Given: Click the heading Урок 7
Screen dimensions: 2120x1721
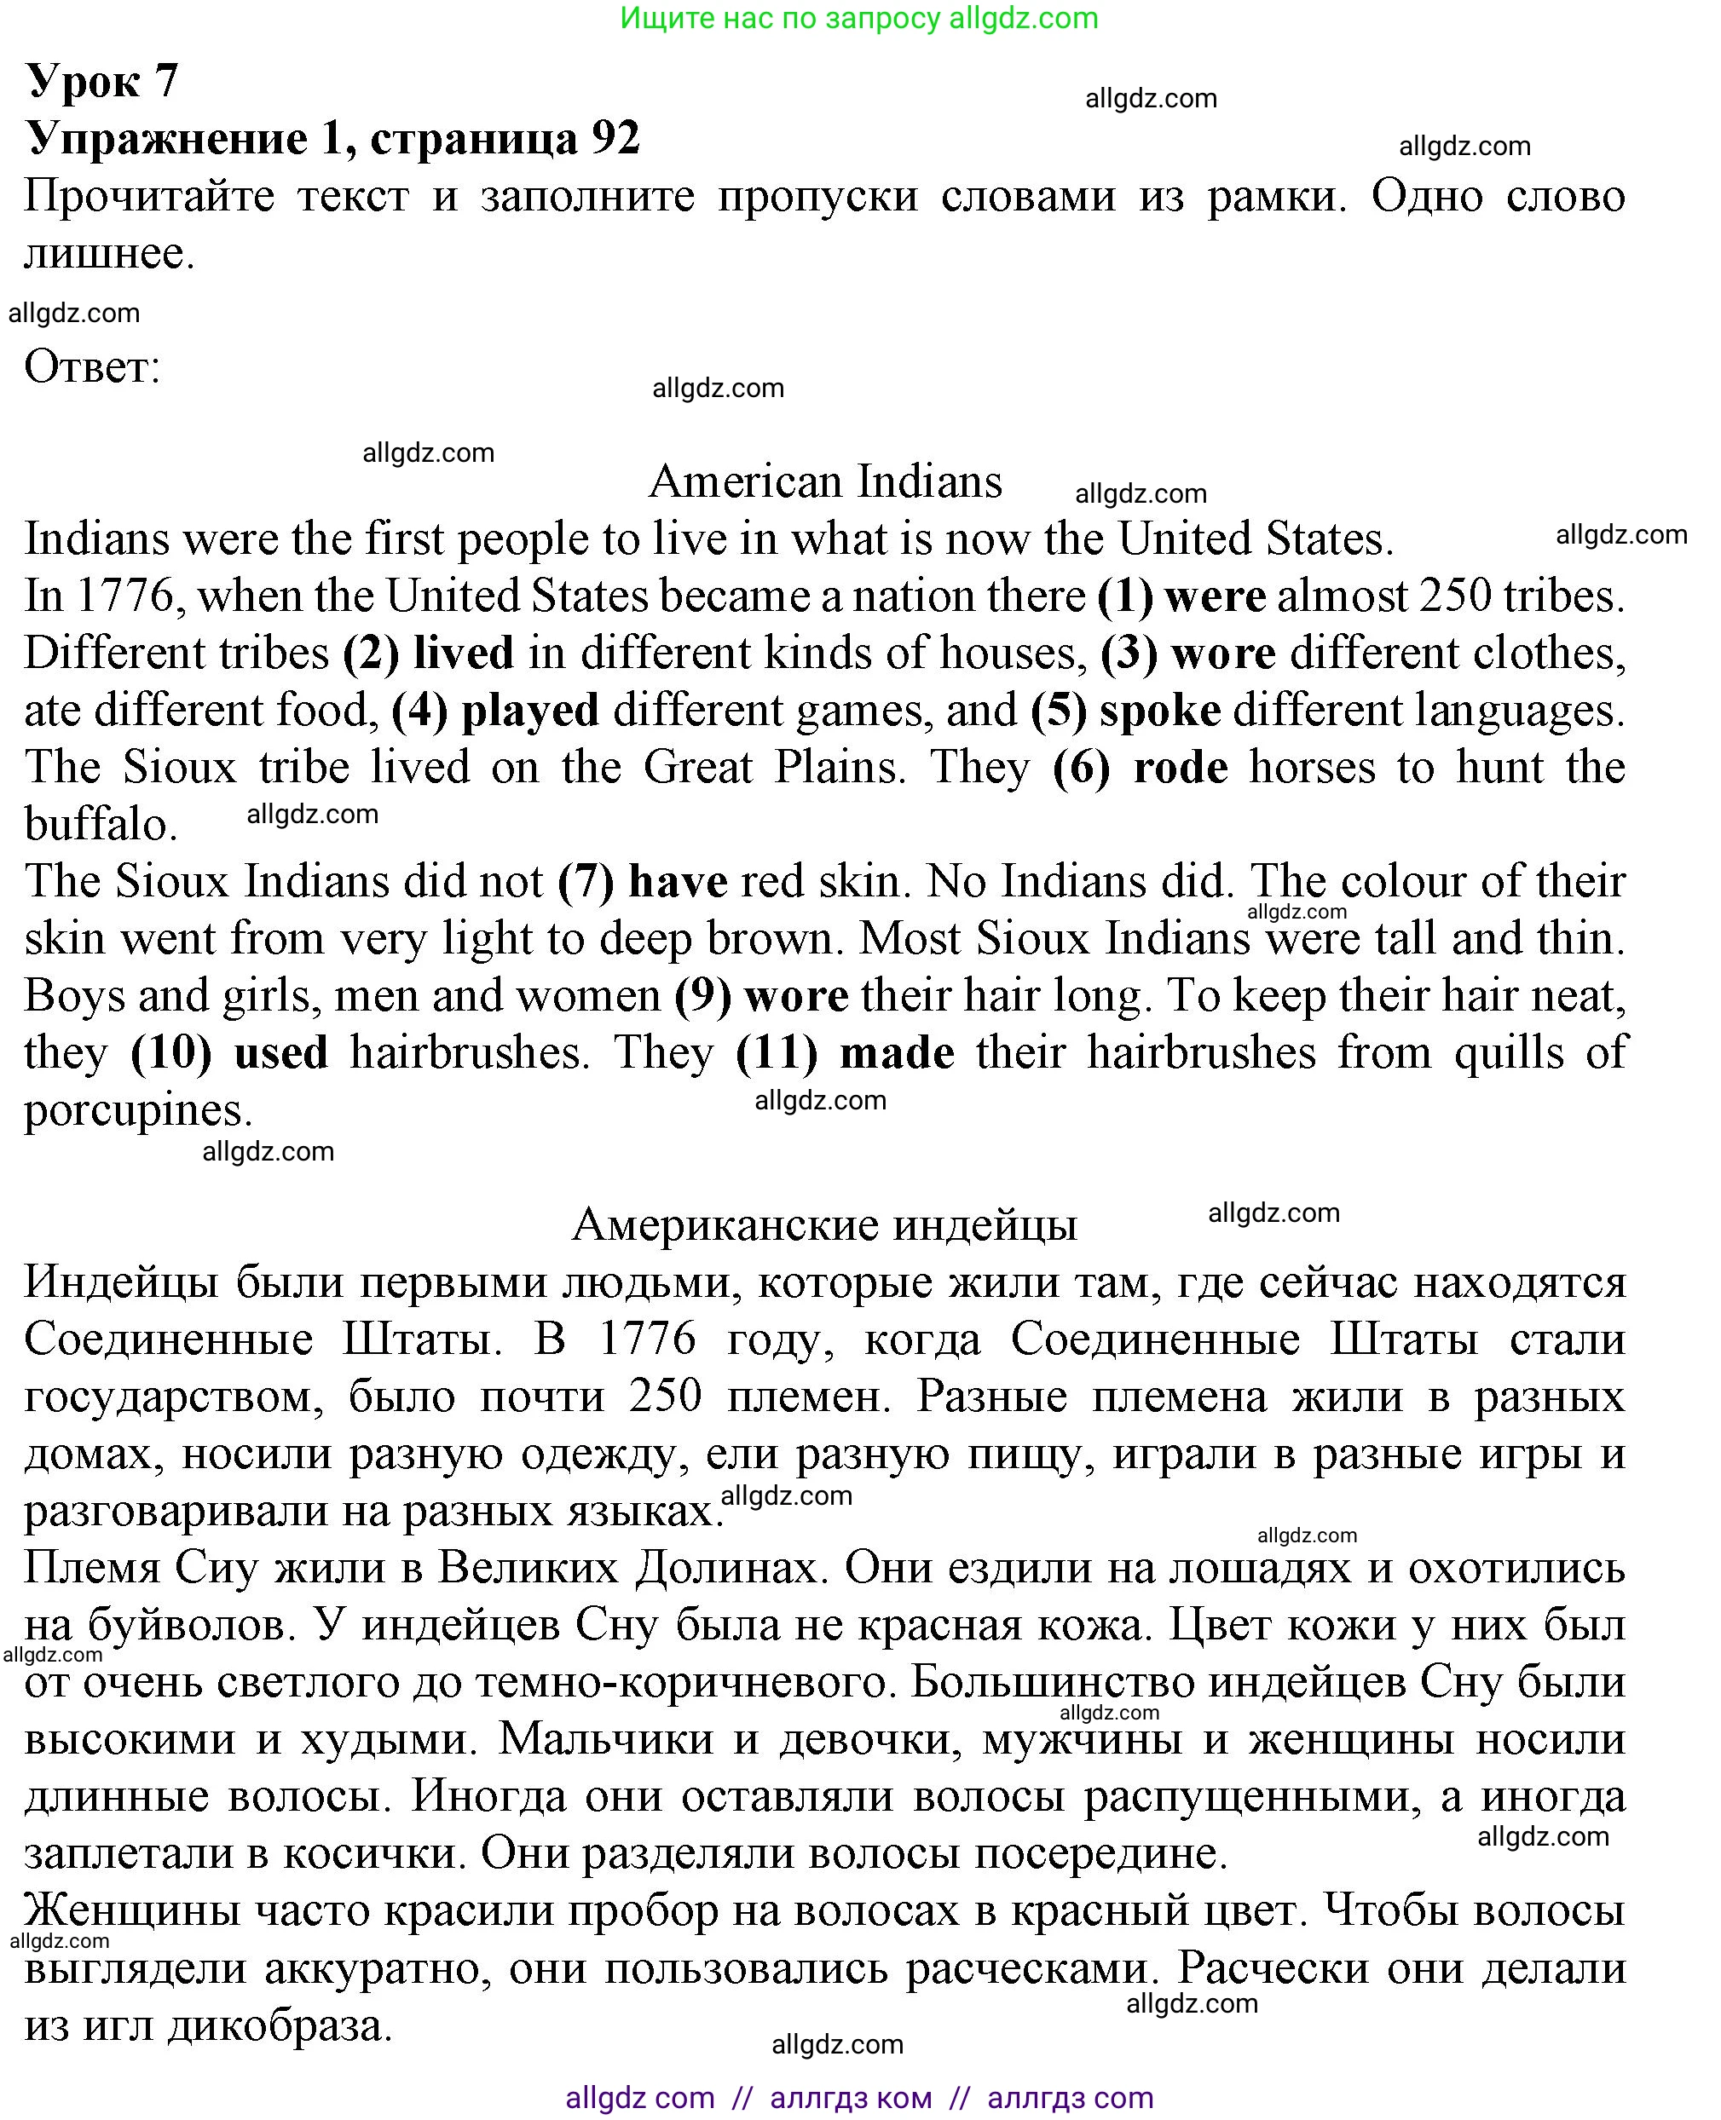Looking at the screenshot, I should (101, 81).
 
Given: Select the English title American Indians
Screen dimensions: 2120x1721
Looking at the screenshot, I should (825, 481).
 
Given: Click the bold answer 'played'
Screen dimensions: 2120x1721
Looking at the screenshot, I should (530, 711).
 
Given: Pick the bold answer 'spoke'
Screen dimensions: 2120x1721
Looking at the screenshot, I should (1160, 711).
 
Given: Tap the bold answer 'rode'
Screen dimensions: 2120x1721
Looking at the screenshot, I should (1180, 768).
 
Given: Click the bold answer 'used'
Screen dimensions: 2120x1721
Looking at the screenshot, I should (280, 1052).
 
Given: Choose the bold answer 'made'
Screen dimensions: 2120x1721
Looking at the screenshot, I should (898, 1052).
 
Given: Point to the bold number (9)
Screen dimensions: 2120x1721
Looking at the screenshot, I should (703, 996).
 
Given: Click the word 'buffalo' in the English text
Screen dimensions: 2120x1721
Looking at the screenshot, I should (99, 825).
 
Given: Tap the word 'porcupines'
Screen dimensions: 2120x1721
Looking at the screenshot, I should (136, 1110).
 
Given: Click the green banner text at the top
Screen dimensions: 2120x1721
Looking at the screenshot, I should (859, 18).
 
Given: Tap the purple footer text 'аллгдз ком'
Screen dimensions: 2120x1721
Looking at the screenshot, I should (851, 2097).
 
